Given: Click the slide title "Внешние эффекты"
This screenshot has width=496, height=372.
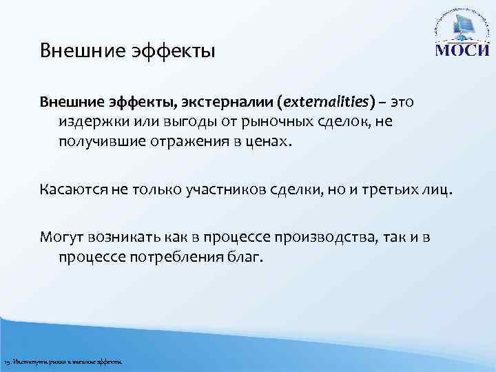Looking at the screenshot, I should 127,51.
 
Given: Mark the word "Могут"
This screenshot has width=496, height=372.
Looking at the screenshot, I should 59,238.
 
